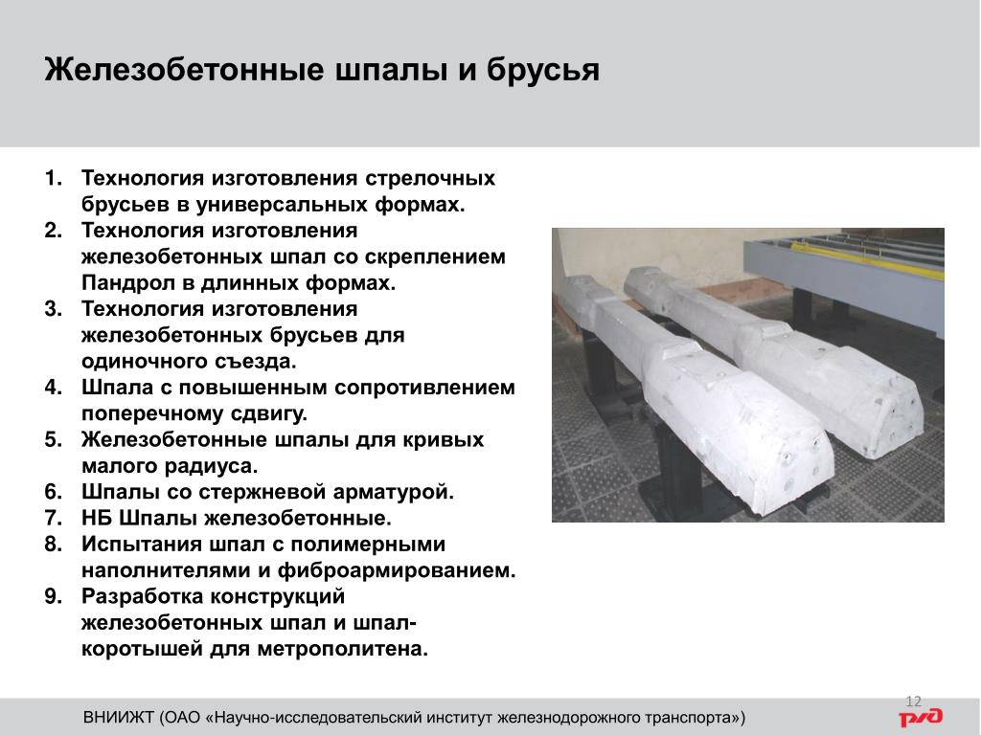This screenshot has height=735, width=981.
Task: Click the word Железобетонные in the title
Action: (x=185, y=69)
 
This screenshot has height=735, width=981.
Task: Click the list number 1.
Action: (x=54, y=178)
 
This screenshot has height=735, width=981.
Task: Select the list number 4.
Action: (x=54, y=388)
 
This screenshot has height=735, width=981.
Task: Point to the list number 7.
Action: (x=54, y=518)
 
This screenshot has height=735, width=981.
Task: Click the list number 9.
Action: (x=54, y=597)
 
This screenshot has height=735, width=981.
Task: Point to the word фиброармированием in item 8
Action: (x=397, y=570)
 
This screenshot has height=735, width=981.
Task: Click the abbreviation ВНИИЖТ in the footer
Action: (x=118, y=717)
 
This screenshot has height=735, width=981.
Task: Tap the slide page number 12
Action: (x=913, y=702)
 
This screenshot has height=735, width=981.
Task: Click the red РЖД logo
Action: (x=921, y=717)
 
